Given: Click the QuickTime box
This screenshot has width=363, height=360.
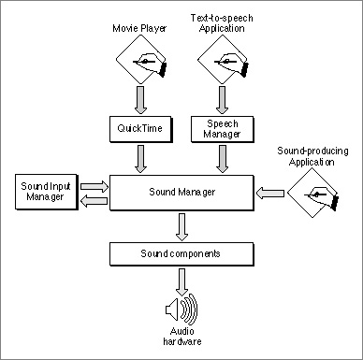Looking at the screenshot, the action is pos(140,129).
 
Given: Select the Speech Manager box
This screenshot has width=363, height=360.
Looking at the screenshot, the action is pos(223,129).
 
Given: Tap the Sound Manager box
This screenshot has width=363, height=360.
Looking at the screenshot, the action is pos(181,193).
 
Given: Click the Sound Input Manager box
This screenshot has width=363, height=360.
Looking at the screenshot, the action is pos(46,192).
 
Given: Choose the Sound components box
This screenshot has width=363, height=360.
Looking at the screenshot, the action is pos(181,254).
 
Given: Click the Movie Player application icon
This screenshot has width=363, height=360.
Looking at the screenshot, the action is pos(141,59).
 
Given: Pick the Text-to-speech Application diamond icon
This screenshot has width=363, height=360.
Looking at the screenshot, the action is pos(223,59).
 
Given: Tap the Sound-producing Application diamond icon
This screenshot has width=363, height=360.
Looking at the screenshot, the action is pos(312,193).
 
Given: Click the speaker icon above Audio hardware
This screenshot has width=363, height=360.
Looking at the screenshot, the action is pos(181,310).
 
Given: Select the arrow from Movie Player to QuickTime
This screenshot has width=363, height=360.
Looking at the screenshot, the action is pos(140,100).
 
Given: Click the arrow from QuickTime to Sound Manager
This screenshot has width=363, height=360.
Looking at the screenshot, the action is pos(140,159).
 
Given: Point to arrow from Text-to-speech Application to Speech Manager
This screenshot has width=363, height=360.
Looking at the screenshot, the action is pos(222,100).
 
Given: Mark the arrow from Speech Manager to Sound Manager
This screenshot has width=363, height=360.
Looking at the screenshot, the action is pos(222,159).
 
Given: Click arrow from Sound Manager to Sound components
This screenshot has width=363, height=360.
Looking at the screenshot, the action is pos(181,227).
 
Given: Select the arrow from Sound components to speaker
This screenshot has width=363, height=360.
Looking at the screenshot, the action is pos(181,282).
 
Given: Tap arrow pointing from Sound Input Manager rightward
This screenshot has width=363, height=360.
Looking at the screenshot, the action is pos(94,186).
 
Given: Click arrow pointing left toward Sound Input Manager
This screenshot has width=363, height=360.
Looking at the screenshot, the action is pos(94,201).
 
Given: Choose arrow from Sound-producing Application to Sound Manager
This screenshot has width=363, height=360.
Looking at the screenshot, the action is pos(270,193).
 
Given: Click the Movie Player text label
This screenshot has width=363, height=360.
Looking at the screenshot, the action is pos(139,28).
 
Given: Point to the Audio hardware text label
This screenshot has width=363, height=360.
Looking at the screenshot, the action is pos(182,337).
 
